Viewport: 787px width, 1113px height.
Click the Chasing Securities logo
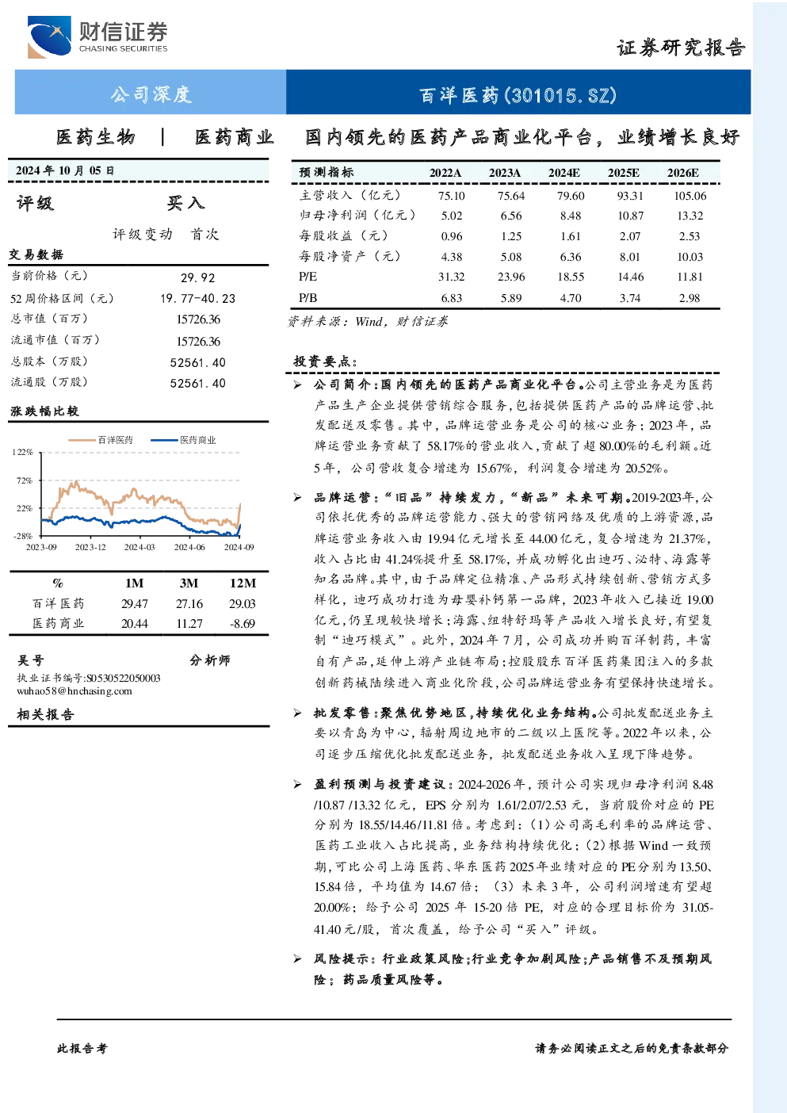pos(97,36)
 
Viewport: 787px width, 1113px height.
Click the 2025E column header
pos(623,173)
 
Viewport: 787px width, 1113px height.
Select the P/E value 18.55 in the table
pos(571,277)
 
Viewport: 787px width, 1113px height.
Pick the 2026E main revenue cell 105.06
pos(690,196)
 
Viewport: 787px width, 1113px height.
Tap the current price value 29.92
pos(198,277)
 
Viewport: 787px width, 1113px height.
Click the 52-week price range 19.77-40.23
pos(198,299)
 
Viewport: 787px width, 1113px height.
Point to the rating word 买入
pos(185,203)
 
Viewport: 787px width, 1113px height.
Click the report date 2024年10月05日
pos(64,170)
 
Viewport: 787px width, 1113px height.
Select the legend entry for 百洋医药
pos(101,440)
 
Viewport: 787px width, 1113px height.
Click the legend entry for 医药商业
pos(183,440)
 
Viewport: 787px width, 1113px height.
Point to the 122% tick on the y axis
pos(22,452)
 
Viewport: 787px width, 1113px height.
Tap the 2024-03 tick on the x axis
pos(139,547)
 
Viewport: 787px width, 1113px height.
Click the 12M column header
pos(243,583)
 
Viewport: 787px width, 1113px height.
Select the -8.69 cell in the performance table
pos(242,624)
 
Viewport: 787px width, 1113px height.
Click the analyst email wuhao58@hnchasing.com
pos(74,690)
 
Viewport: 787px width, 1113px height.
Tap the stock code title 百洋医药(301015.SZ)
pos(518,95)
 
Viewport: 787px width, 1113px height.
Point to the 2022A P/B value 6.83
pos(452,298)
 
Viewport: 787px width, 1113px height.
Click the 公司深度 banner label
pos(151,94)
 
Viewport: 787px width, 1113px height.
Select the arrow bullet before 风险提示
pos(297,959)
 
